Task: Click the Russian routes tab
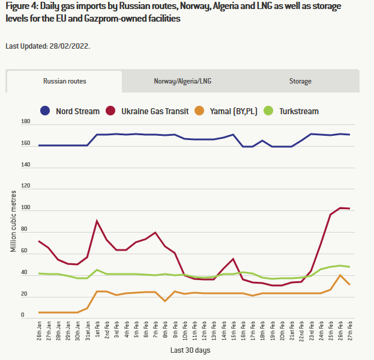coord(64,81)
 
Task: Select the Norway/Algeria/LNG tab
coord(182,81)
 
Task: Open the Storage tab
coord(300,81)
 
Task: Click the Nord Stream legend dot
coord(45,111)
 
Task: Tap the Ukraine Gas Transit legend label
coord(154,111)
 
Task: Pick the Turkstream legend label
coord(299,111)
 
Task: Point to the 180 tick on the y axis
coord(25,122)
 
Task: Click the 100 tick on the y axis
coord(25,208)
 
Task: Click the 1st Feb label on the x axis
coord(97,329)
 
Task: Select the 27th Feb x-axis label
coord(349,329)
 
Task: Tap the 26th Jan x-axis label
coord(39,329)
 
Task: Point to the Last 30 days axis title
coord(190,350)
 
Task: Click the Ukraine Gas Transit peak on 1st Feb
coord(97,221)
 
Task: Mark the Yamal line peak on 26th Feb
coord(341,275)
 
